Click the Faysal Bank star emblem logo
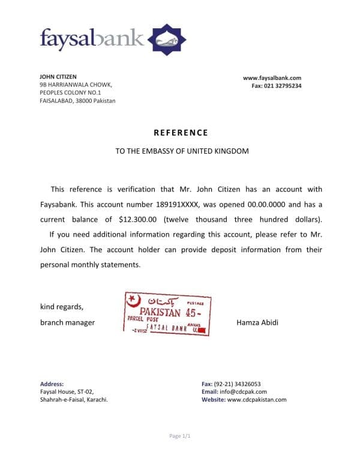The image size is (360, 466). click(167, 39)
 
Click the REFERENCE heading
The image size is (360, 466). click(181, 133)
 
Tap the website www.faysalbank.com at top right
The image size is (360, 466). click(272, 77)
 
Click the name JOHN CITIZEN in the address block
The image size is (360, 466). click(58, 77)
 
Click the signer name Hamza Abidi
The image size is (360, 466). click(258, 322)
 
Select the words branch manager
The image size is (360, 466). click(67, 322)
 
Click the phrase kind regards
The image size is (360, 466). click(62, 306)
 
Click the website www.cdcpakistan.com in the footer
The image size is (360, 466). click(257, 399)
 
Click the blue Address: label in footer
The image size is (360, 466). click(52, 384)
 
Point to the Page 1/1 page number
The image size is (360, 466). click(180, 435)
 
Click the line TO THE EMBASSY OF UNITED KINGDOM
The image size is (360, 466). click(182, 151)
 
